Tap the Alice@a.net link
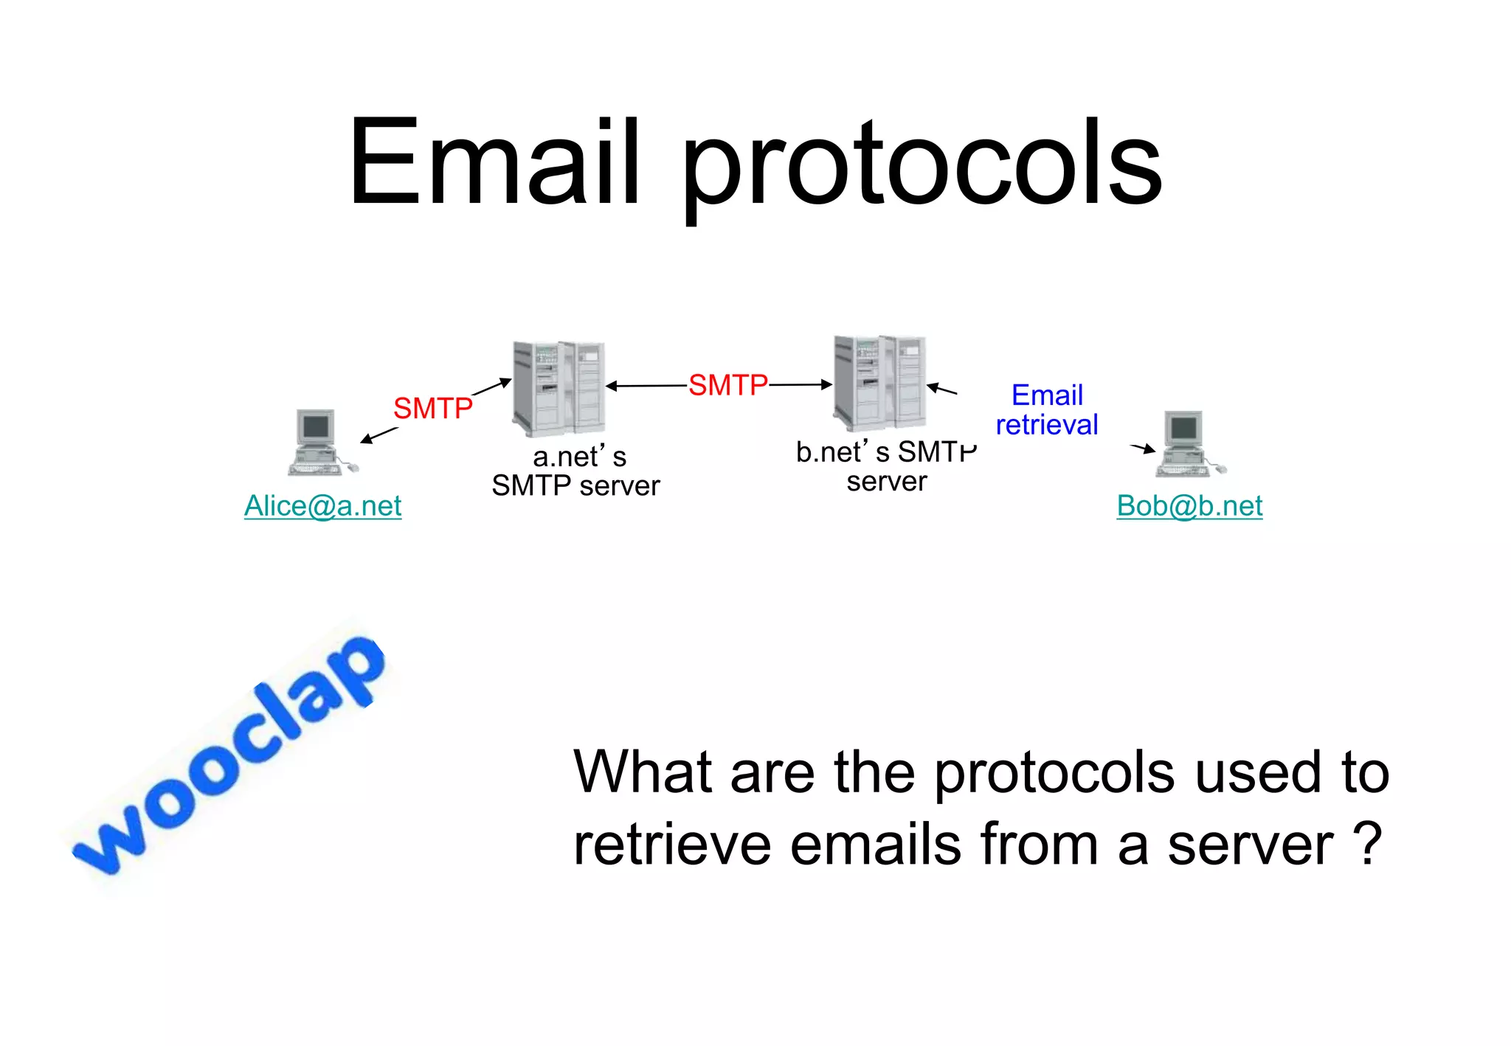pyautogui.click(x=322, y=506)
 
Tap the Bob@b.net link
pyautogui.click(x=1189, y=506)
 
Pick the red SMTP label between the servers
pyautogui.click(x=727, y=385)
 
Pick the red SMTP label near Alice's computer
pyautogui.click(x=432, y=408)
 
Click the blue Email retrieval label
pyautogui.click(x=1047, y=410)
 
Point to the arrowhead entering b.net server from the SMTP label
pyautogui.click(x=827, y=384)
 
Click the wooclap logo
pyautogui.click(x=229, y=756)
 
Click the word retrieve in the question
pyautogui.click(x=671, y=845)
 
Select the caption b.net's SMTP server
pyautogui.click(x=886, y=466)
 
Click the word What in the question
pyautogui.click(x=642, y=772)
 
